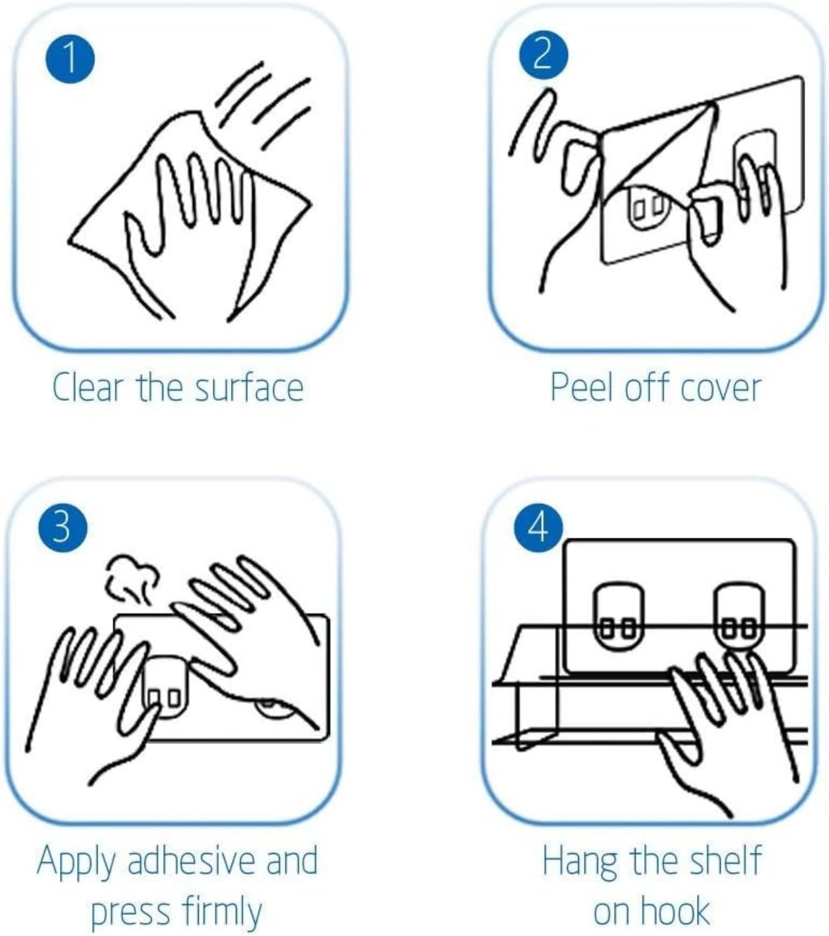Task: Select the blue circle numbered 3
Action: coord(63,528)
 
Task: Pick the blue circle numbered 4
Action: coord(539,528)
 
